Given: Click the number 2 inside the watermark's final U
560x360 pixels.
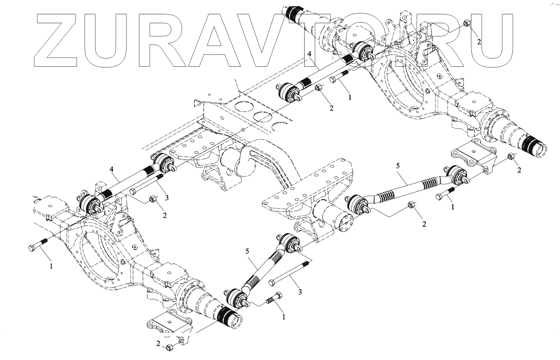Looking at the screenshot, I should pyautogui.click(x=479, y=42).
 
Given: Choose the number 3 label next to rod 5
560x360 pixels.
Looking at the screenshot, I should pyautogui.click(x=300, y=292).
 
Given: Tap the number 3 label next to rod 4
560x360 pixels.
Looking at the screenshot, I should pyautogui.click(x=167, y=197).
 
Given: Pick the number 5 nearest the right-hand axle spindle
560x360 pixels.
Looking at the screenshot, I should pyautogui.click(x=398, y=165).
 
